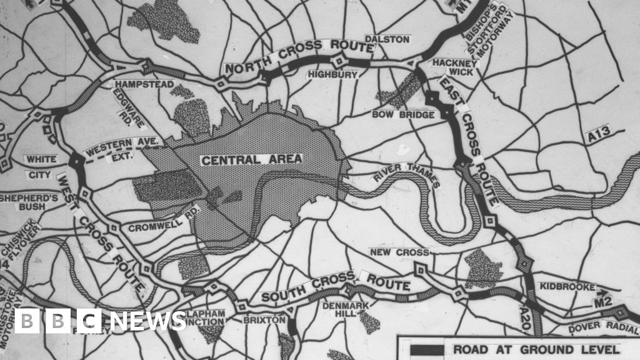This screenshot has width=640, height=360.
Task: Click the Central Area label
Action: [251, 159]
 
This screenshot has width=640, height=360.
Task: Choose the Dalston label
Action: [387, 39]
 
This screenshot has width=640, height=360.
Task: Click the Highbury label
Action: [332, 75]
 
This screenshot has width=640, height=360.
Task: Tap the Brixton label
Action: [271, 321]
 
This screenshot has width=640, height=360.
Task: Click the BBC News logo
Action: [100, 321]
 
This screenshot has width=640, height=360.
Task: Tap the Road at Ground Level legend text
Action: [536, 349]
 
